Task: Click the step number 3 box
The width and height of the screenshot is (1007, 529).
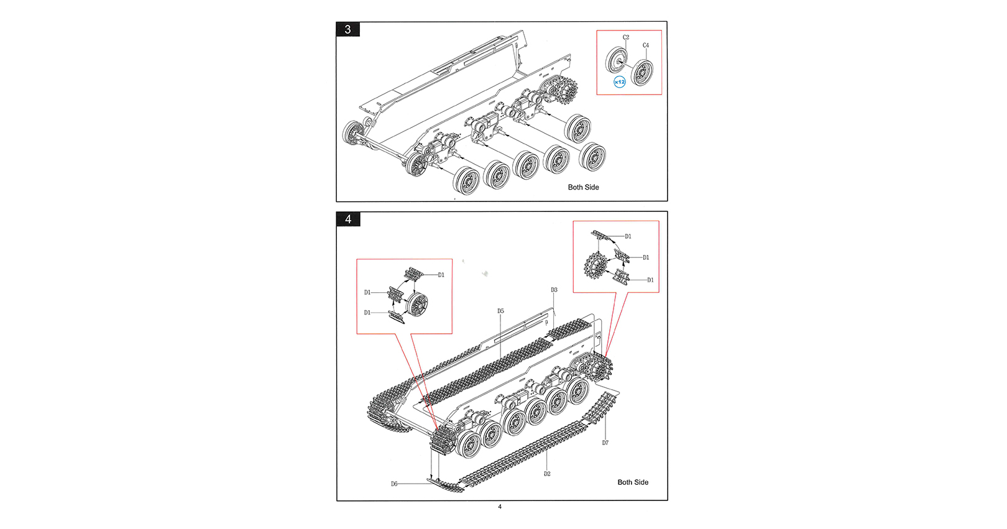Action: pos(348,29)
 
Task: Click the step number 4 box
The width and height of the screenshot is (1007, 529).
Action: pos(348,219)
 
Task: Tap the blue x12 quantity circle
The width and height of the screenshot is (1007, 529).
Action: pos(620,82)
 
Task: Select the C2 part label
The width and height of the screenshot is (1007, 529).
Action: pos(626,37)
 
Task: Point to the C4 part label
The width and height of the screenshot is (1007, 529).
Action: pos(646,45)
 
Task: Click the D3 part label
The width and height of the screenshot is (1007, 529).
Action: pos(554,290)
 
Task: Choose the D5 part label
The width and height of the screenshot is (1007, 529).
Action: pos(500,311)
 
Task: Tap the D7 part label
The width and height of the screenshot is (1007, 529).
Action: pos(605,443)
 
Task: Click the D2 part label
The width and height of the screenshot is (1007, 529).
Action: pos(547,474)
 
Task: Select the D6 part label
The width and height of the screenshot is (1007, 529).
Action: pos(394,484)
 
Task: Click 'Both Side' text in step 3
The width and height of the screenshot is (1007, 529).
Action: pos(583,187)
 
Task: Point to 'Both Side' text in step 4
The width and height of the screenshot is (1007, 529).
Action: pos(633,482)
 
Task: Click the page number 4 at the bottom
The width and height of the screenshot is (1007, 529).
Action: pos(500,507)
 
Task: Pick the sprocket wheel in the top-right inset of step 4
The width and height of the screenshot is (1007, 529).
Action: pos(595,265)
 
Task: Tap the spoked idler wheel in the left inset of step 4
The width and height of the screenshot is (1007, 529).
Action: pos(418,304)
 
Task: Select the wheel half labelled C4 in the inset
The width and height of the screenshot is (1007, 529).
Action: pos(642,73)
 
